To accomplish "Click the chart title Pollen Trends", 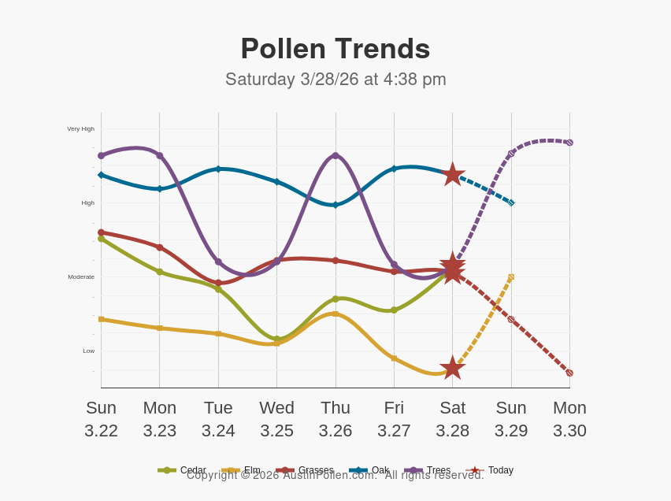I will tap(335, 49).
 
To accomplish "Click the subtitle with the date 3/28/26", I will tap(335, 79).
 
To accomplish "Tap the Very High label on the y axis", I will tap(80, 128).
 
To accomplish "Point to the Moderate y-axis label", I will tap(81, 276).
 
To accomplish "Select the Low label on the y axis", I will tap(88, 351).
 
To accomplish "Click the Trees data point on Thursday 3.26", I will tap(335, 156).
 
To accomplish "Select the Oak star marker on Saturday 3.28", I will tap(452, 174).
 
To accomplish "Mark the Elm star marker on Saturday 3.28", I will tap(452, 367).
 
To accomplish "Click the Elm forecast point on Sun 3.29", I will tap(511, 276).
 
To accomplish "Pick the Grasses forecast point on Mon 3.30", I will tap(569, 373).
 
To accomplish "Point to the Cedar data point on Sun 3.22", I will tap(101, 239).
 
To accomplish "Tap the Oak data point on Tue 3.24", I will tap(218, 169).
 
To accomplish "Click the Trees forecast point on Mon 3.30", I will tap(569, 143).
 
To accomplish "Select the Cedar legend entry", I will tap(182, 470).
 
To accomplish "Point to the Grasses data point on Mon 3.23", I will tap(160, 247).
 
